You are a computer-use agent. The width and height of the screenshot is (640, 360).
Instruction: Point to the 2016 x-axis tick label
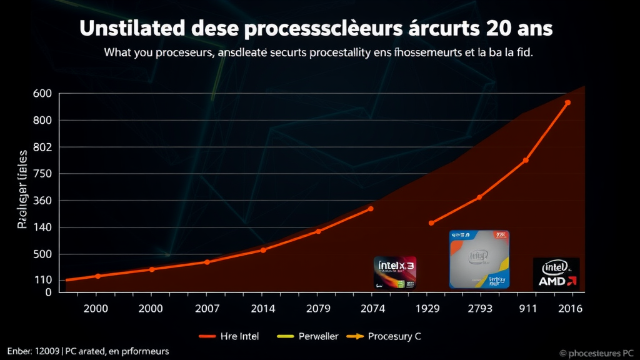569,308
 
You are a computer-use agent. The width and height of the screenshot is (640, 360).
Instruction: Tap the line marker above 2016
567,102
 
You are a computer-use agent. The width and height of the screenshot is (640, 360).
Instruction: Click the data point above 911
526,161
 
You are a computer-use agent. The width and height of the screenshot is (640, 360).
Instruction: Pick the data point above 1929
431,223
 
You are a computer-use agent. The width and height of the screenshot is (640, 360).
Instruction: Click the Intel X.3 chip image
394,272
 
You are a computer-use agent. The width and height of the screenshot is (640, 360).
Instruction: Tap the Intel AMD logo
556,274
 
